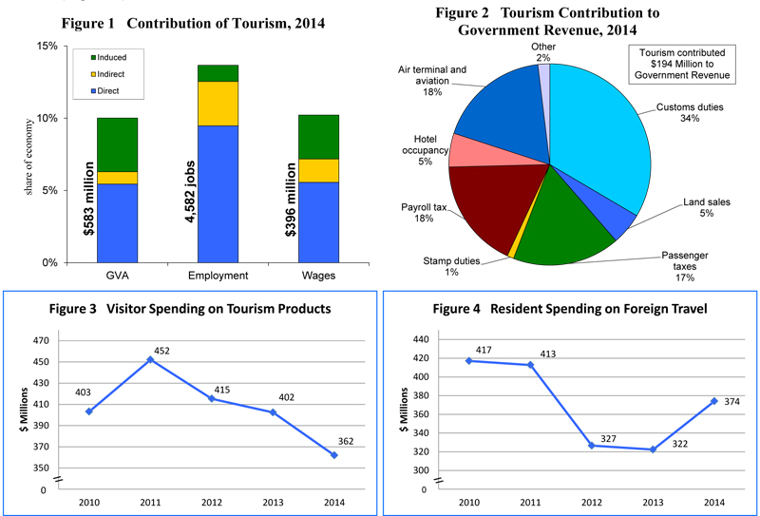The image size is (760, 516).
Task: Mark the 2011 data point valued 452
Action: coord(149,359)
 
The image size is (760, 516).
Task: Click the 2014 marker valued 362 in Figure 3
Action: coord(333,455)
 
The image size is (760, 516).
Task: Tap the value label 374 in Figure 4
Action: coord(731,401)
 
